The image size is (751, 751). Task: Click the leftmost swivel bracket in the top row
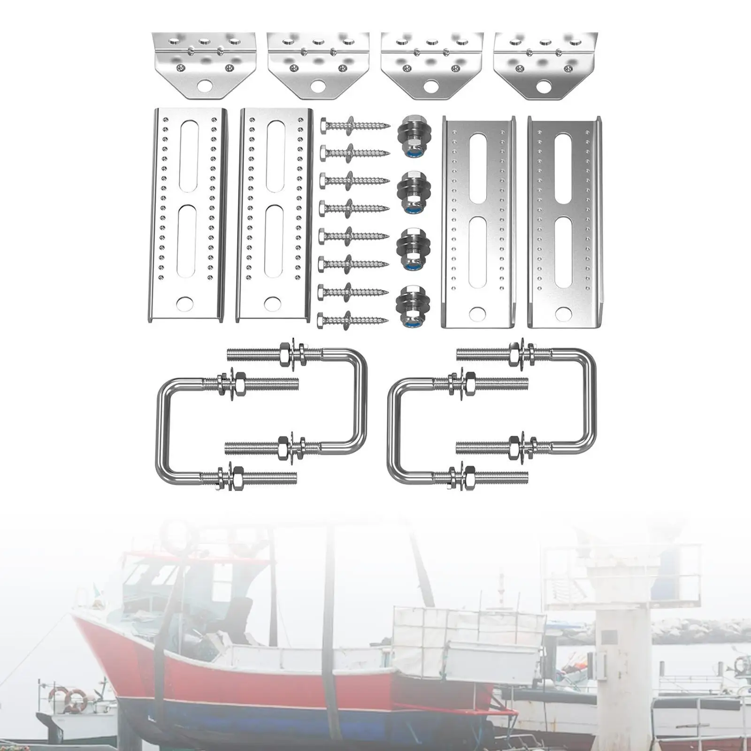point(204,66)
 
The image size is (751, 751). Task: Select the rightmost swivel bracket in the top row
point(545,66)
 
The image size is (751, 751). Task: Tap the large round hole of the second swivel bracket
point(318,86)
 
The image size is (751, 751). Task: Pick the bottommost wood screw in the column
point(353,321)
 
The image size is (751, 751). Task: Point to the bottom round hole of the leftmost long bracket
point(184,304)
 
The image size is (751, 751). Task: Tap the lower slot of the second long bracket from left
point(274,241)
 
